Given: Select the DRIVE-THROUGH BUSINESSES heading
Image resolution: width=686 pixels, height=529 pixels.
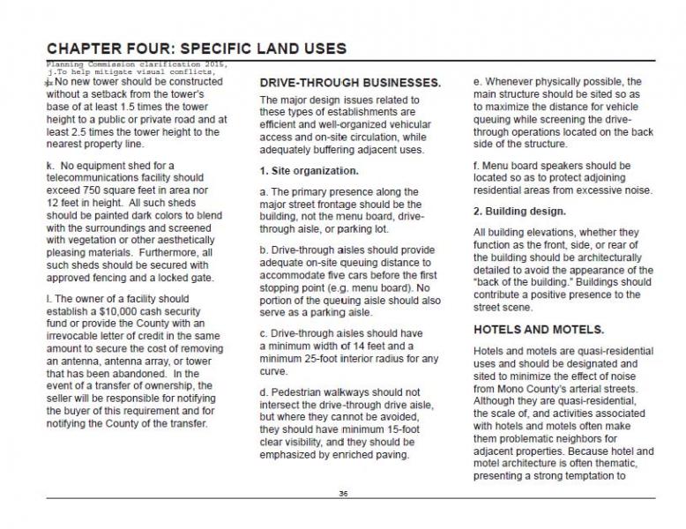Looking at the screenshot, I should pyautogui.click(x=349, y=82).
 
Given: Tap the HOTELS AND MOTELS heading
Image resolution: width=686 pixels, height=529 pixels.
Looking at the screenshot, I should pyautogui.click(x=539, y=330).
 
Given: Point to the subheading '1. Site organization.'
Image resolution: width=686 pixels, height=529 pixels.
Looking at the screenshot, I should pyautogui.click(x=309, y=169).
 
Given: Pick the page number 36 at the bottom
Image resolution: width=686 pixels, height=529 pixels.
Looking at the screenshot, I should pyautogui.click(x=343, y=493).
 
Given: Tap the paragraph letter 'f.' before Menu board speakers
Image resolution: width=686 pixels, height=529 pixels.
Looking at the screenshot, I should pyautogui.click(x=477, y=165).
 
